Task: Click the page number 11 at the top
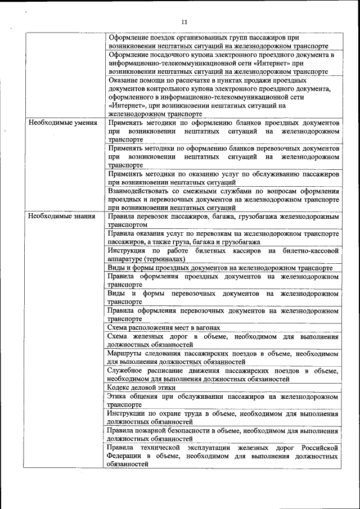point(183,22)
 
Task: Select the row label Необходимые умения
point(62,123)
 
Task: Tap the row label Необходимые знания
point(61,216)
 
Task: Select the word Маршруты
point(125,354)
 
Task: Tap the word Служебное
point(127,371)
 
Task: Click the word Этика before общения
point(119,397)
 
